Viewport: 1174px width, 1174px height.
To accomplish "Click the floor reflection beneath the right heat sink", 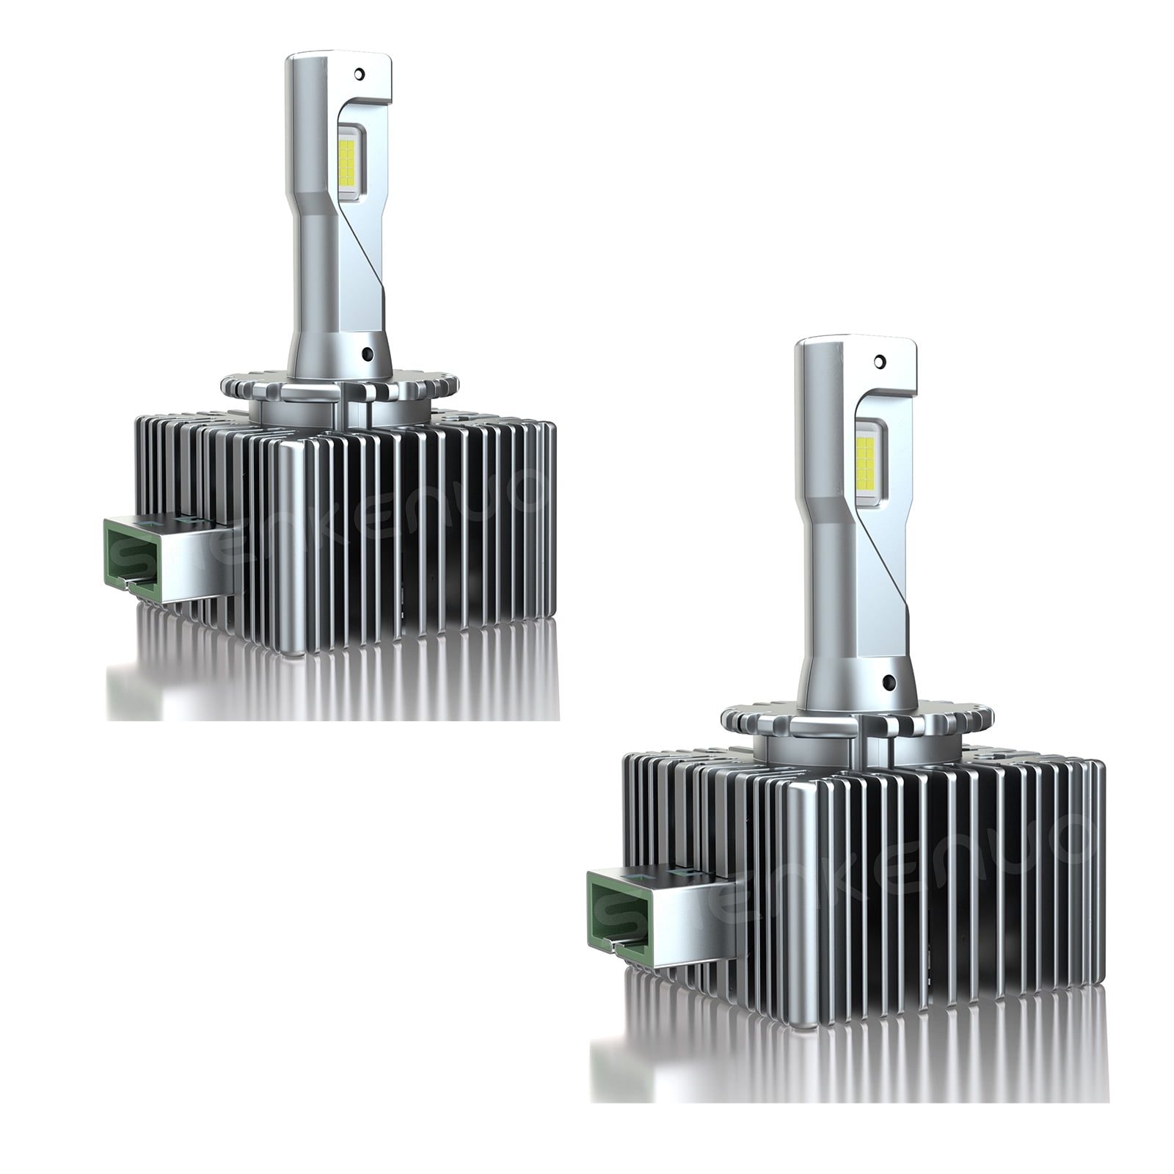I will (844, 1042).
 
